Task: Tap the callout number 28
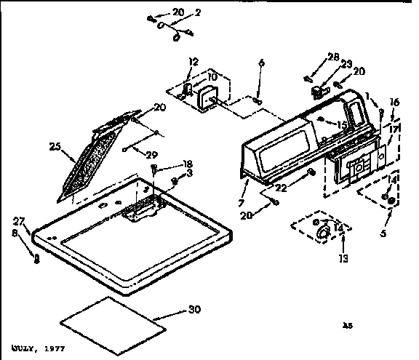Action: click(333, 57)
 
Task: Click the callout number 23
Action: click(347, 63)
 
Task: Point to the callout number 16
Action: click(394, 103)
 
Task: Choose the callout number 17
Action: click(394, 129)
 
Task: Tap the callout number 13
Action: click(343, 257)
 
